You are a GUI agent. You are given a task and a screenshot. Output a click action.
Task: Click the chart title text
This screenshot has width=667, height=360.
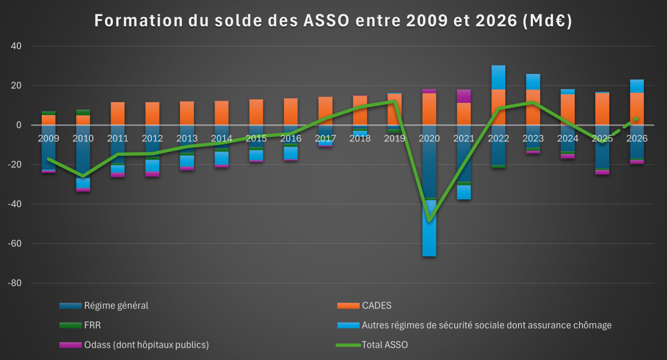tap(333, 21)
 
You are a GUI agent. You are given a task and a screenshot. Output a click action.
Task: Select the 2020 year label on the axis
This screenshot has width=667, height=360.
tap(429, 138)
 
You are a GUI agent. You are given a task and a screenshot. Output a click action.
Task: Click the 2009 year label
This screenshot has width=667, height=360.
tap(48, 138)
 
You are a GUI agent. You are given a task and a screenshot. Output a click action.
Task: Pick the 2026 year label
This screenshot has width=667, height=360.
tap(636, 138)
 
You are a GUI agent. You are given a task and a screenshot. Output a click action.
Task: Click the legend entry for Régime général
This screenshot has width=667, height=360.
tap(116, 306)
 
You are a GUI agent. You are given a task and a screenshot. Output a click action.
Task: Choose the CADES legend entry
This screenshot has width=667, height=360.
tap(377, 306)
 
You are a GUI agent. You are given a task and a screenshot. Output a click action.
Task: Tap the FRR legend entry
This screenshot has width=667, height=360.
tap(92, 326)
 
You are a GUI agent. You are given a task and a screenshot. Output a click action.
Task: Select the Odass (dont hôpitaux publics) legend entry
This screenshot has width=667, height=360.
tap(146, 345)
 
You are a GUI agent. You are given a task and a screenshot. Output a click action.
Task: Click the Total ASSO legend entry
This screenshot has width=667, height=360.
tap(385, 345)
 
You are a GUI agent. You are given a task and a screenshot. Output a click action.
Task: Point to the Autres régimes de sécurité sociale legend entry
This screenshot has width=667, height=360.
tap(486, 326)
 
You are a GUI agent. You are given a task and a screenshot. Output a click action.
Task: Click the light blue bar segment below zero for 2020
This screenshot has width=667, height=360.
tap(429, 228)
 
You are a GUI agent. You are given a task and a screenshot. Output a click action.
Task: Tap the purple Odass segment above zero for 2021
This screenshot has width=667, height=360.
tap(464, 96)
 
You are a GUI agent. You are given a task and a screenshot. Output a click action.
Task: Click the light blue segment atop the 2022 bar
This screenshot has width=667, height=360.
tap(498, 77)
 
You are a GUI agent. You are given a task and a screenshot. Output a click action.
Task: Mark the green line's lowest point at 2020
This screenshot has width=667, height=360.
tap(429, 220)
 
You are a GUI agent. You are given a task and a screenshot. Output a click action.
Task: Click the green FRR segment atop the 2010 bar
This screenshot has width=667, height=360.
tap(83, 112)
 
